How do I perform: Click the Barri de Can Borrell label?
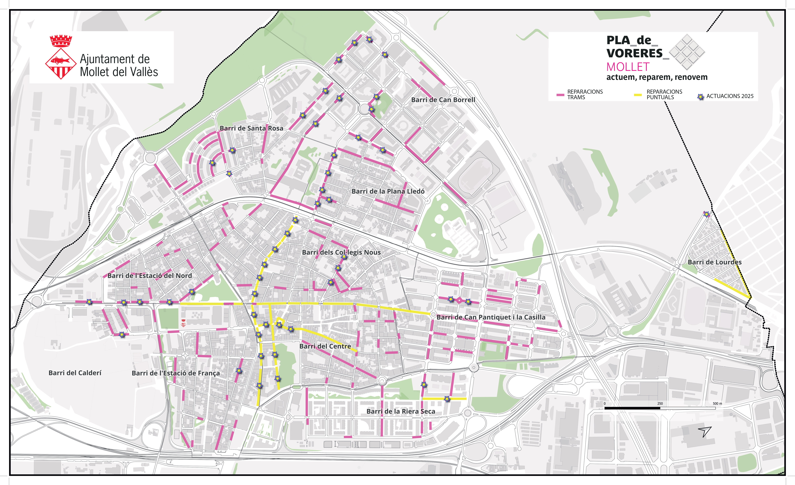(x=443, y=100)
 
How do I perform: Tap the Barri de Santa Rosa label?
(x=251, y=128)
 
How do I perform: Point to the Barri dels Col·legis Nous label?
(x=341, y=252)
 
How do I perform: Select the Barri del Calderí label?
(x=75, y=373)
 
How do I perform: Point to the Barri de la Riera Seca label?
(x=401, y=411)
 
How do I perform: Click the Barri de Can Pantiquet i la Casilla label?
(x=491, y=317)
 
